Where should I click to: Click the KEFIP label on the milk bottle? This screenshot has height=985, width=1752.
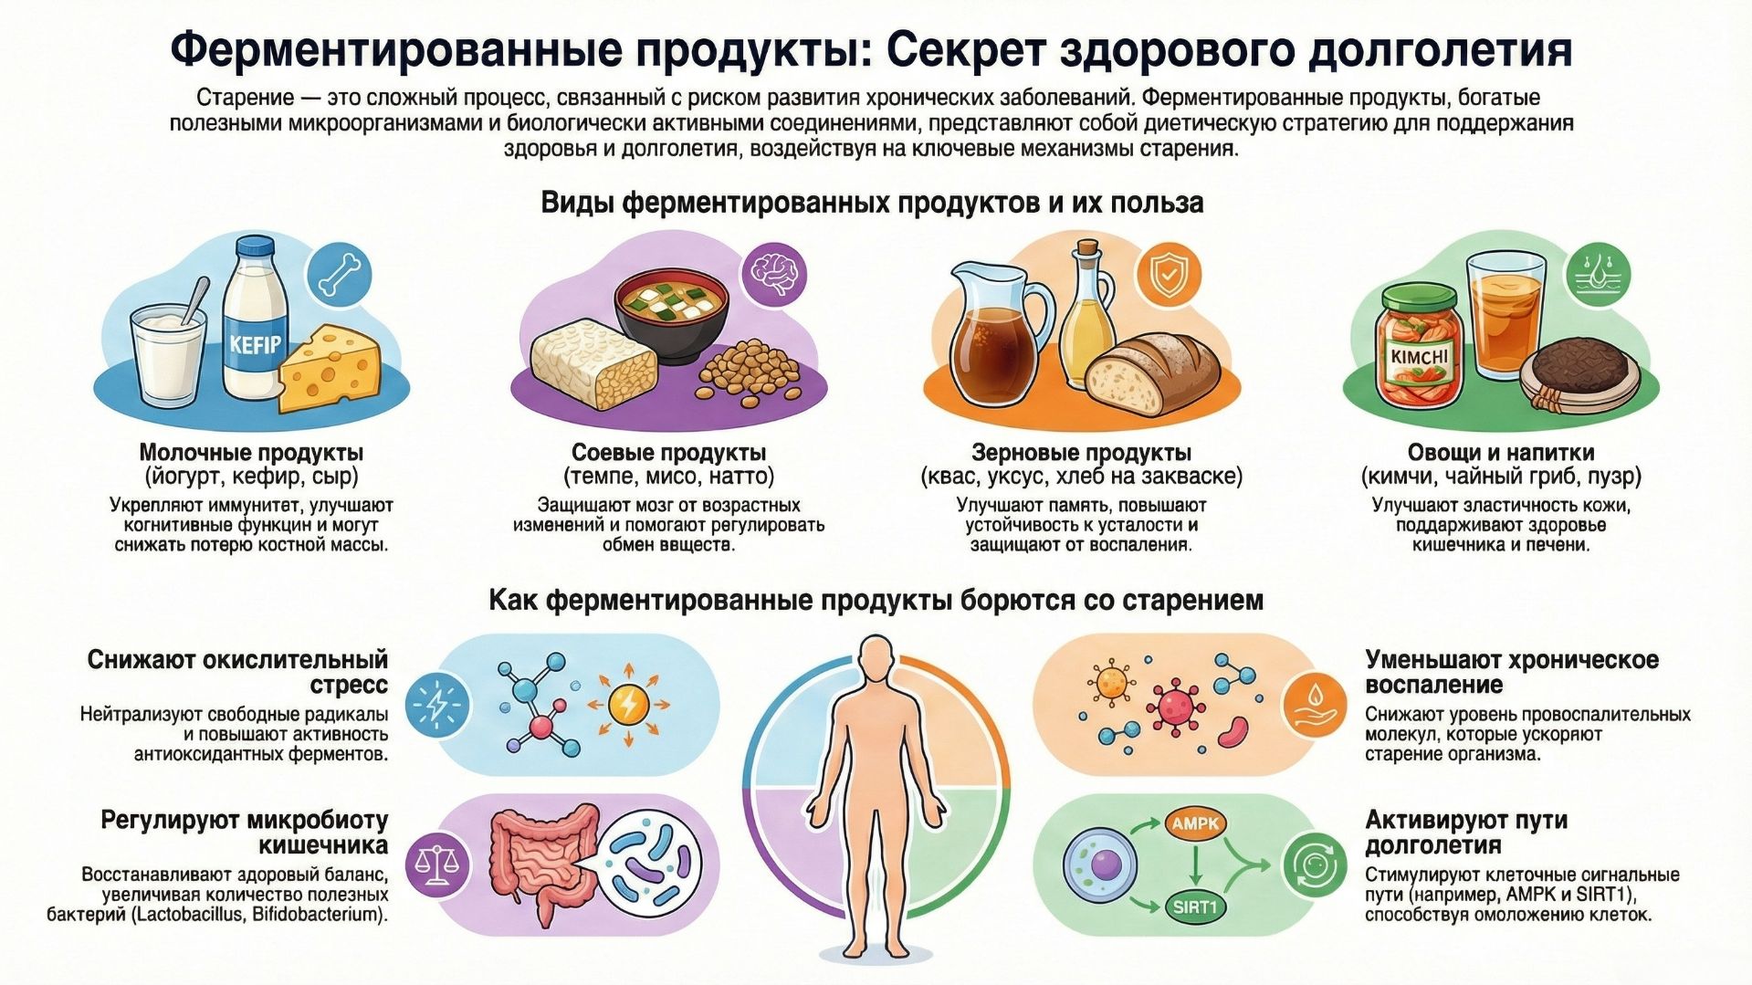tap(256, 345)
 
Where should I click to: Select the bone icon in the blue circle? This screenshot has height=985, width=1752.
tap(340, 274)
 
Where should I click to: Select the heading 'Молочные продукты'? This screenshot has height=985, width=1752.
tap(251, 453)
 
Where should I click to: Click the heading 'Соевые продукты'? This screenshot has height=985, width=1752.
tap(668, 453)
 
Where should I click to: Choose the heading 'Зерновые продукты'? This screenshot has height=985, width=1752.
tap(1081, 453)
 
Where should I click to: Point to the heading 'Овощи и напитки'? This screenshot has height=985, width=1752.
tap(1500, 453)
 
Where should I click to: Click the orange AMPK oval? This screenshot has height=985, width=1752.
tap(1195, 823)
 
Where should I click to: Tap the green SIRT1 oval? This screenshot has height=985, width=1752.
tap(1194, 907)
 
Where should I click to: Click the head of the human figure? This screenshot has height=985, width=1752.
tap(876, 660)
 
